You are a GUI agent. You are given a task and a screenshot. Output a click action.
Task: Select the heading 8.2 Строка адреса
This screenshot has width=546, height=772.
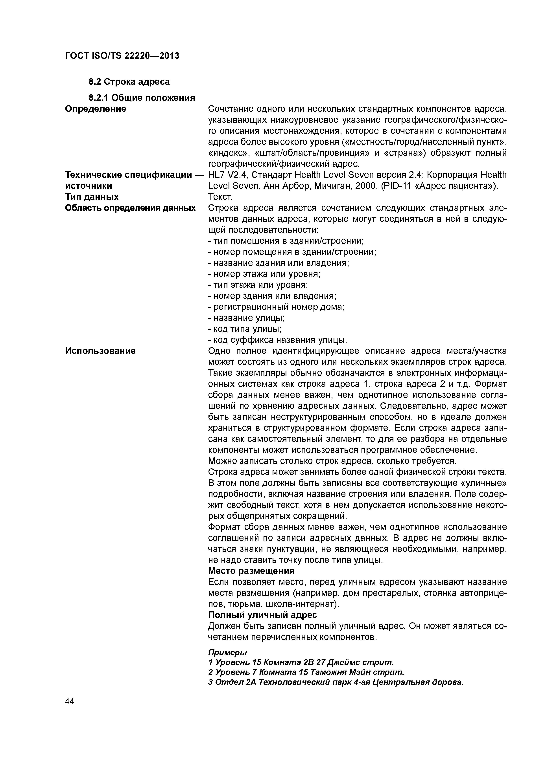coord(129,82)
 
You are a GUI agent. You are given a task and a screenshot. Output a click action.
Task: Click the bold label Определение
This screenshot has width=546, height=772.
coord(96,109)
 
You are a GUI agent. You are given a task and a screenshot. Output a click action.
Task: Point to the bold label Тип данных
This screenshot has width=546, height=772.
coord(92,197)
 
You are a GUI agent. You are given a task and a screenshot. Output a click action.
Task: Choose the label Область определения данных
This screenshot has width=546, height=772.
coord(130,208)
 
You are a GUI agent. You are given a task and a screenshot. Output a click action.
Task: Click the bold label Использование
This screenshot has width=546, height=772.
coord(100,351)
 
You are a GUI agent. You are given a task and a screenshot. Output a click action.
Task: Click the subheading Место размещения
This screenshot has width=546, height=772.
coord(251,571)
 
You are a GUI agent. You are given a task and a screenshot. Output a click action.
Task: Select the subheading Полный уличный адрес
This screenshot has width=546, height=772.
coord(262,615)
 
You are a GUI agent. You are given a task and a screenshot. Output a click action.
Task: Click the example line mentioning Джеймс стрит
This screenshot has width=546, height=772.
coord(301,662)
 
